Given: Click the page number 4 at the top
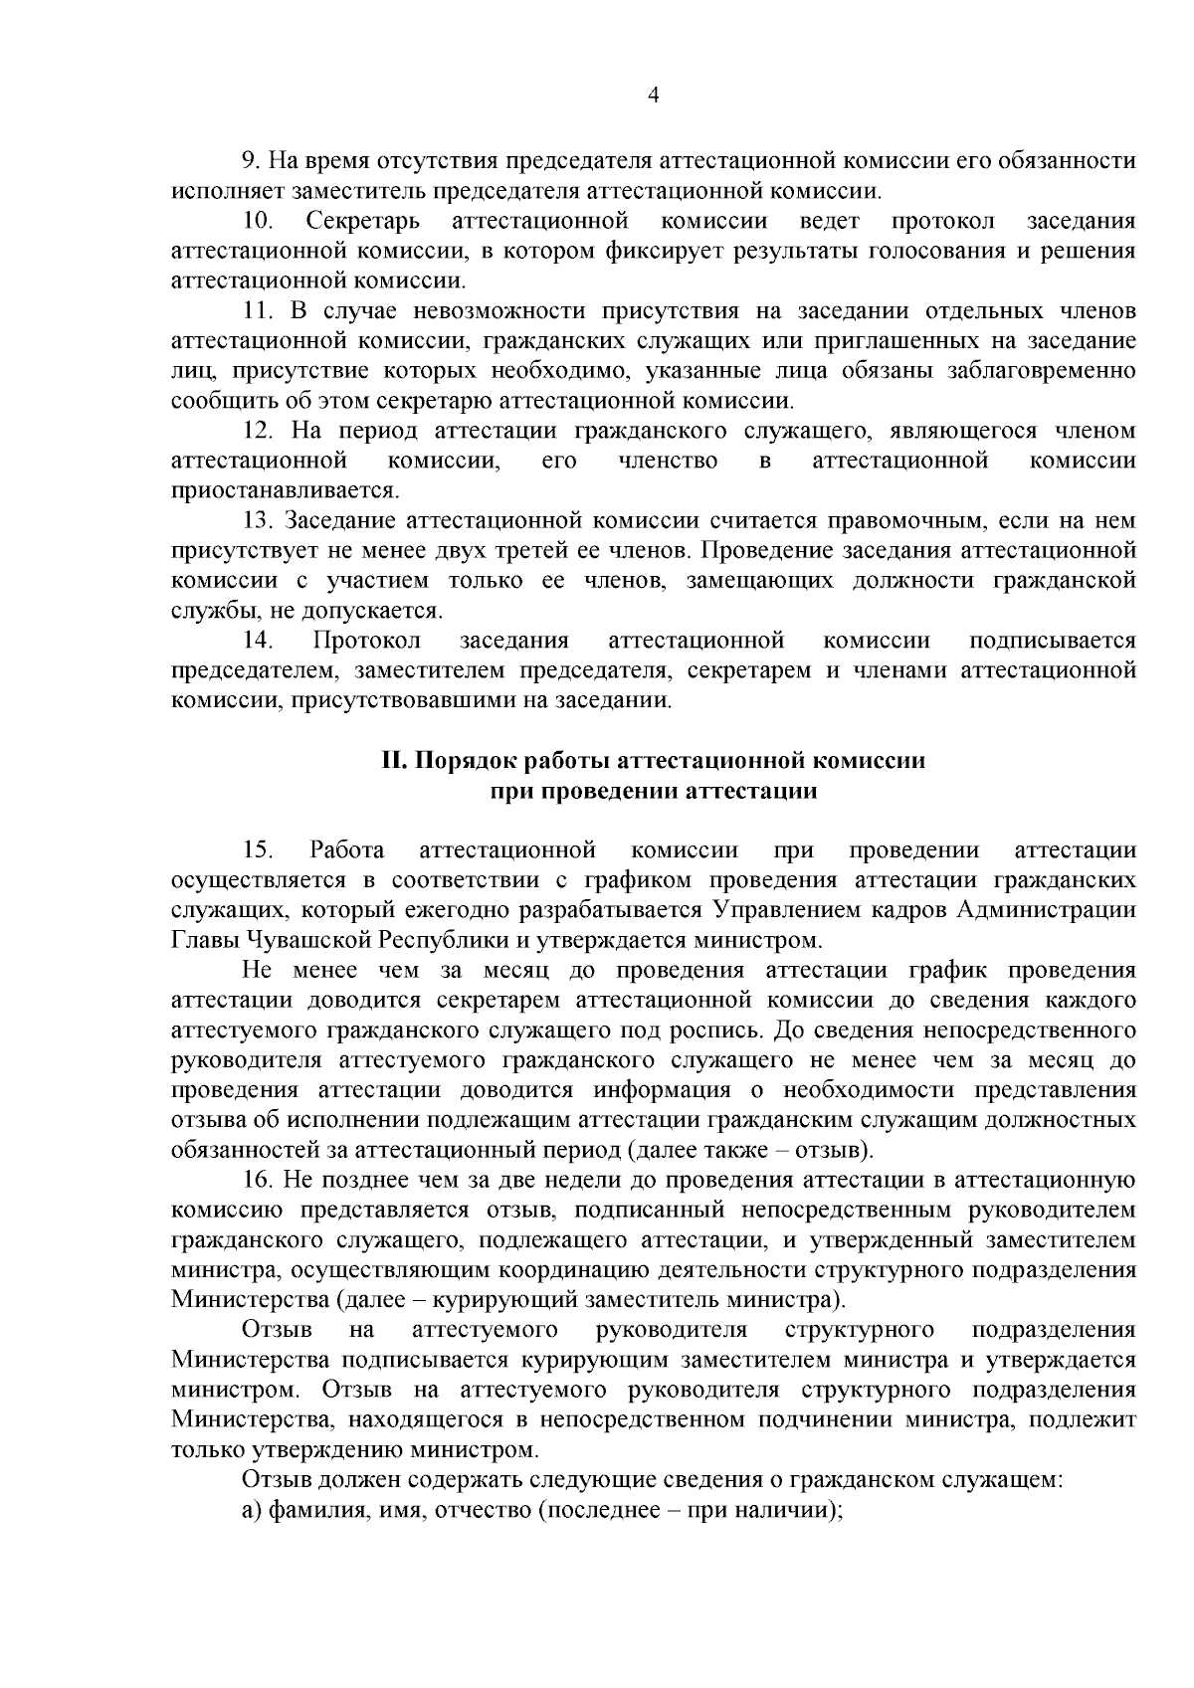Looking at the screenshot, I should [653, 95].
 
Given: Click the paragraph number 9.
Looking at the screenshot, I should [250, 160].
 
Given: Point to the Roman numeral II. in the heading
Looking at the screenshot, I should [394, 761].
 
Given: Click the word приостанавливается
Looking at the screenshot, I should [285, 490].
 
